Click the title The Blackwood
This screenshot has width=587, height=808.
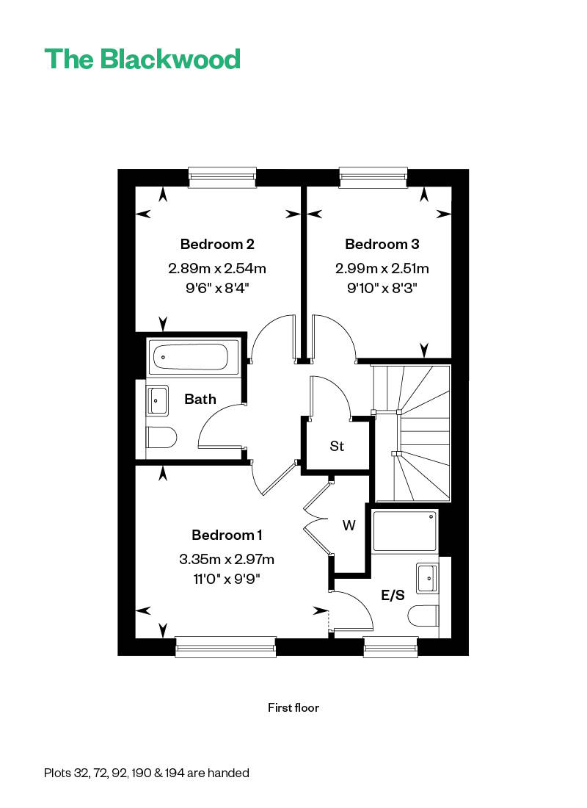(142, 59)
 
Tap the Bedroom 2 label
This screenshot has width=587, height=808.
(217, 244)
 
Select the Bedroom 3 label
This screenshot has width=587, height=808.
(382, 244)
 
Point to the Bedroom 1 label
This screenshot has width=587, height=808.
(227, 535)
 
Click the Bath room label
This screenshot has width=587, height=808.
(200, 399)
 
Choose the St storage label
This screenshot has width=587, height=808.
(337, 446)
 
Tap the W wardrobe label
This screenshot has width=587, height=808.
(349, 525)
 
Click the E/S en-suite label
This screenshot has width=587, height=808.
(393, 595)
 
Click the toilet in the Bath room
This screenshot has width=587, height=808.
(161, 438)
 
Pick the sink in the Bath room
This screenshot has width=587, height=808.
(158, 400)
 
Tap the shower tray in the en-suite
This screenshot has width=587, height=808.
(406, 532)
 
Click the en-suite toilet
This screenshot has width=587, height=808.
(425, 616)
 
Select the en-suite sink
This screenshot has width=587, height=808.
(427, 577)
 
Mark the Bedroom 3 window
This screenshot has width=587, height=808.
(373, 176)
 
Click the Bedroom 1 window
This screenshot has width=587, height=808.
(225, 646)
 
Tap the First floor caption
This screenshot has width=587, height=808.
(293, 708)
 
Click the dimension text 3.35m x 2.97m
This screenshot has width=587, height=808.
(227, 560)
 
